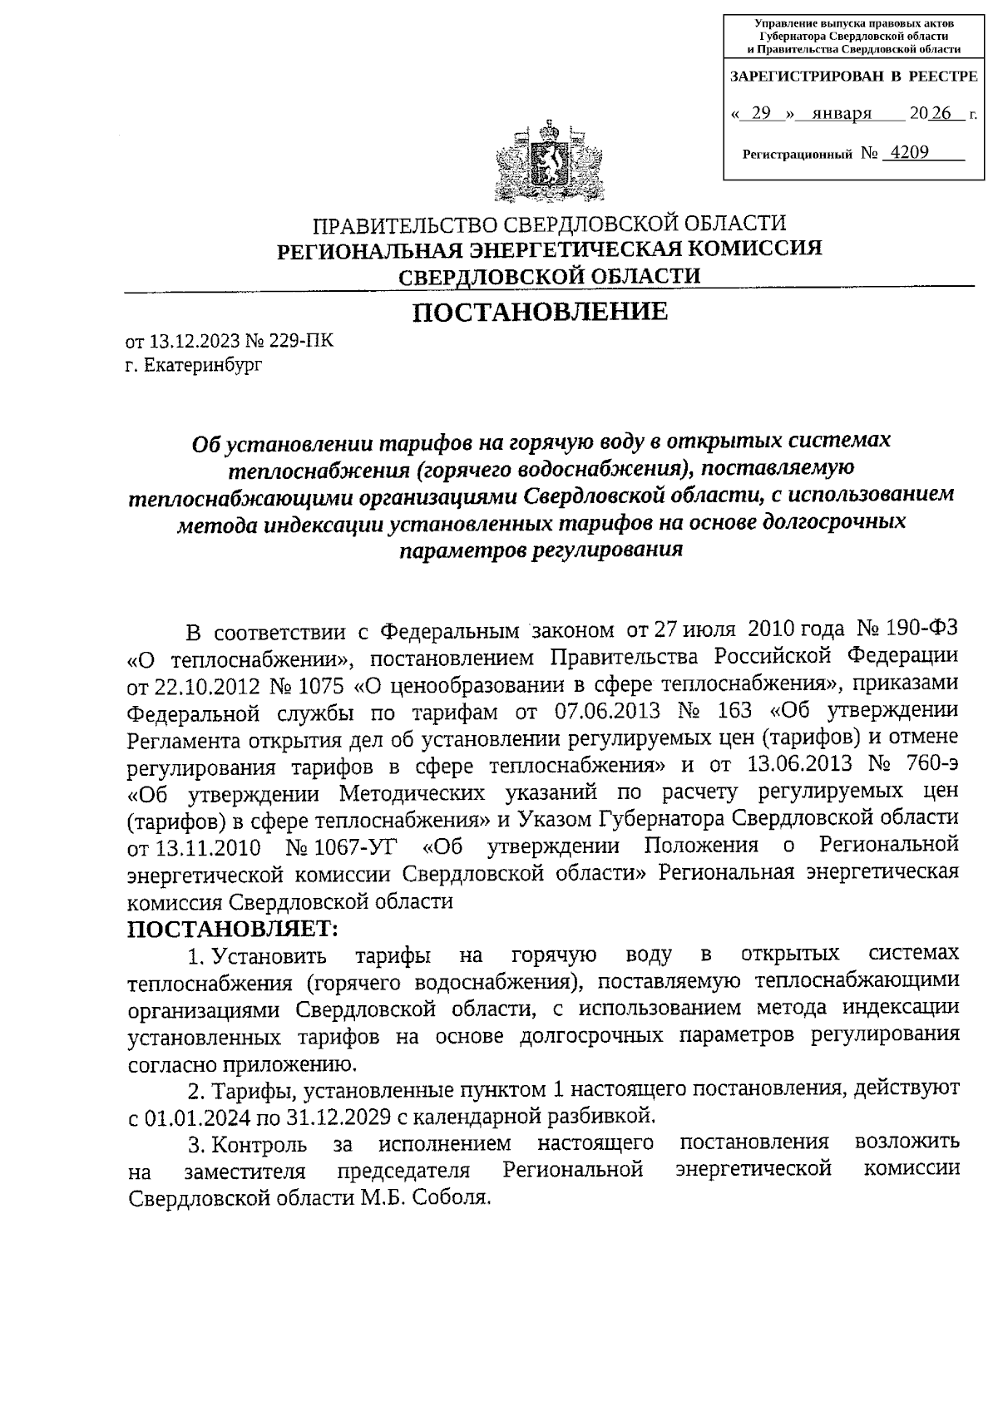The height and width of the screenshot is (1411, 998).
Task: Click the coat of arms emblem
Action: coord(548,161)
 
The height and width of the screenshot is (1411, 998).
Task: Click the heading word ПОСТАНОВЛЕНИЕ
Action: coord(541,312)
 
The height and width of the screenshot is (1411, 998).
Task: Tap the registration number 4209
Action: coord(909,152)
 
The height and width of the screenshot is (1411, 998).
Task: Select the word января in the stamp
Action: coord(841,113)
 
